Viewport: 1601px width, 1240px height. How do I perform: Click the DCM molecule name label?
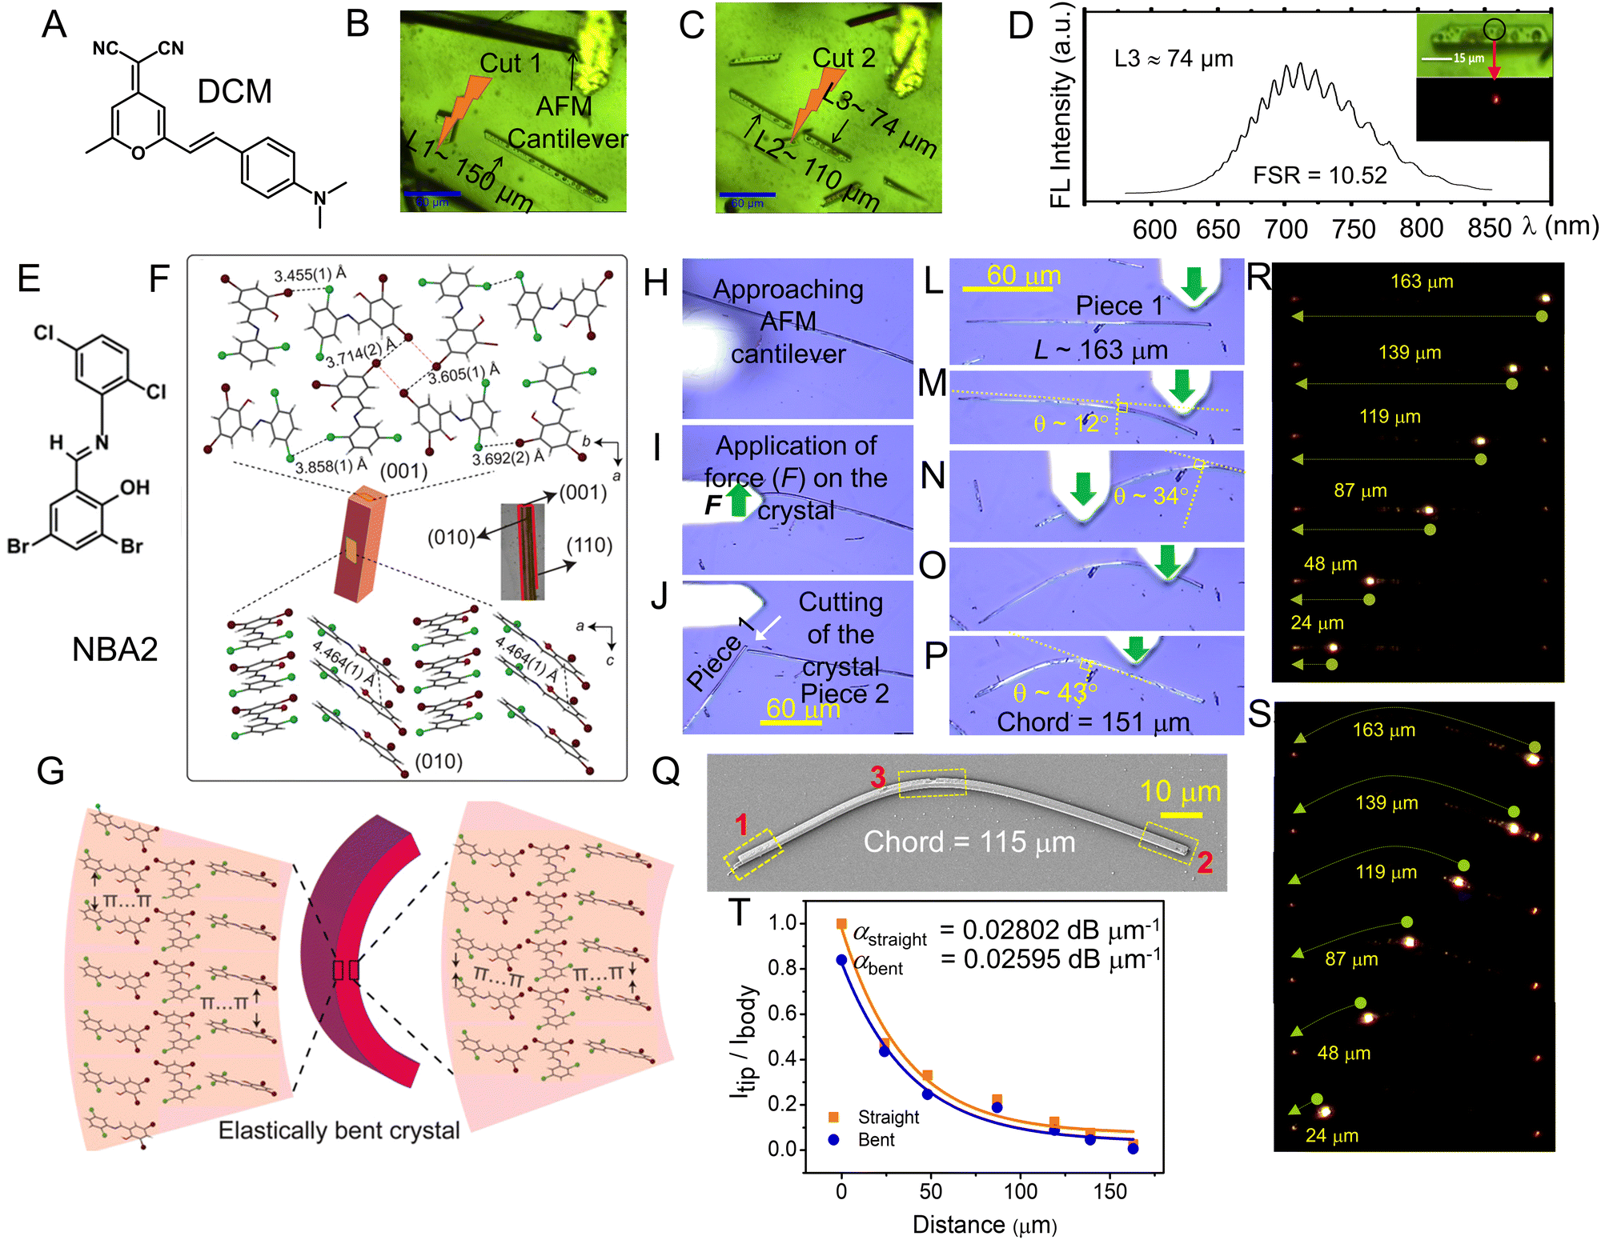click(235, 92)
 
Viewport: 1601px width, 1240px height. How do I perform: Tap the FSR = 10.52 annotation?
click(1319, 175)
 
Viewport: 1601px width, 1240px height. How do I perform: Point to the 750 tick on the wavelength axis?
click(1353, 230)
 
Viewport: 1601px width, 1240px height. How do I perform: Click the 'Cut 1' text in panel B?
click(510, 63)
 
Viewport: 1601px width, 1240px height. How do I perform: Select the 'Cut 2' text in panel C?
click(843, 58)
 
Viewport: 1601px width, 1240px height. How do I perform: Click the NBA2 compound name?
click(114, 649)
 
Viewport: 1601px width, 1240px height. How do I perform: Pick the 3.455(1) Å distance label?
click(310, 274)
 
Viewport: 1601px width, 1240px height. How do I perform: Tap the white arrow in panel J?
click(768, 629)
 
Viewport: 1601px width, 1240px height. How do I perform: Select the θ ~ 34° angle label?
click(1150, 496)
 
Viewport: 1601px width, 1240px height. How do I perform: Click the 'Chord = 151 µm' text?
click(1093, 722)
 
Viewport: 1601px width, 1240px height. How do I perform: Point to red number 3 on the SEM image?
click(878, 777)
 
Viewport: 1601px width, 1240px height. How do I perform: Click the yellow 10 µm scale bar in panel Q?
click(1181, 815)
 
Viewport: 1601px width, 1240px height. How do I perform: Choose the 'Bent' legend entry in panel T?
click(876, 1139)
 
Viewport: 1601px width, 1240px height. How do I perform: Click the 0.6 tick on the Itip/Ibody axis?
click(782, 1013)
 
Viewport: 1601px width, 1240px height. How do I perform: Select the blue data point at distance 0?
click(841, 959)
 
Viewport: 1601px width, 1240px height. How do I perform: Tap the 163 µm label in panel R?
click(1422, 282)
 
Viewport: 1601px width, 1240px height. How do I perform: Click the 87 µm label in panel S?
click(1351, 958)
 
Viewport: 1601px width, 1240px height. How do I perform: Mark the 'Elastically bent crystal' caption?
click(339, 1130)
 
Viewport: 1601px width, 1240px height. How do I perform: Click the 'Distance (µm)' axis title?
click(984, 1224)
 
